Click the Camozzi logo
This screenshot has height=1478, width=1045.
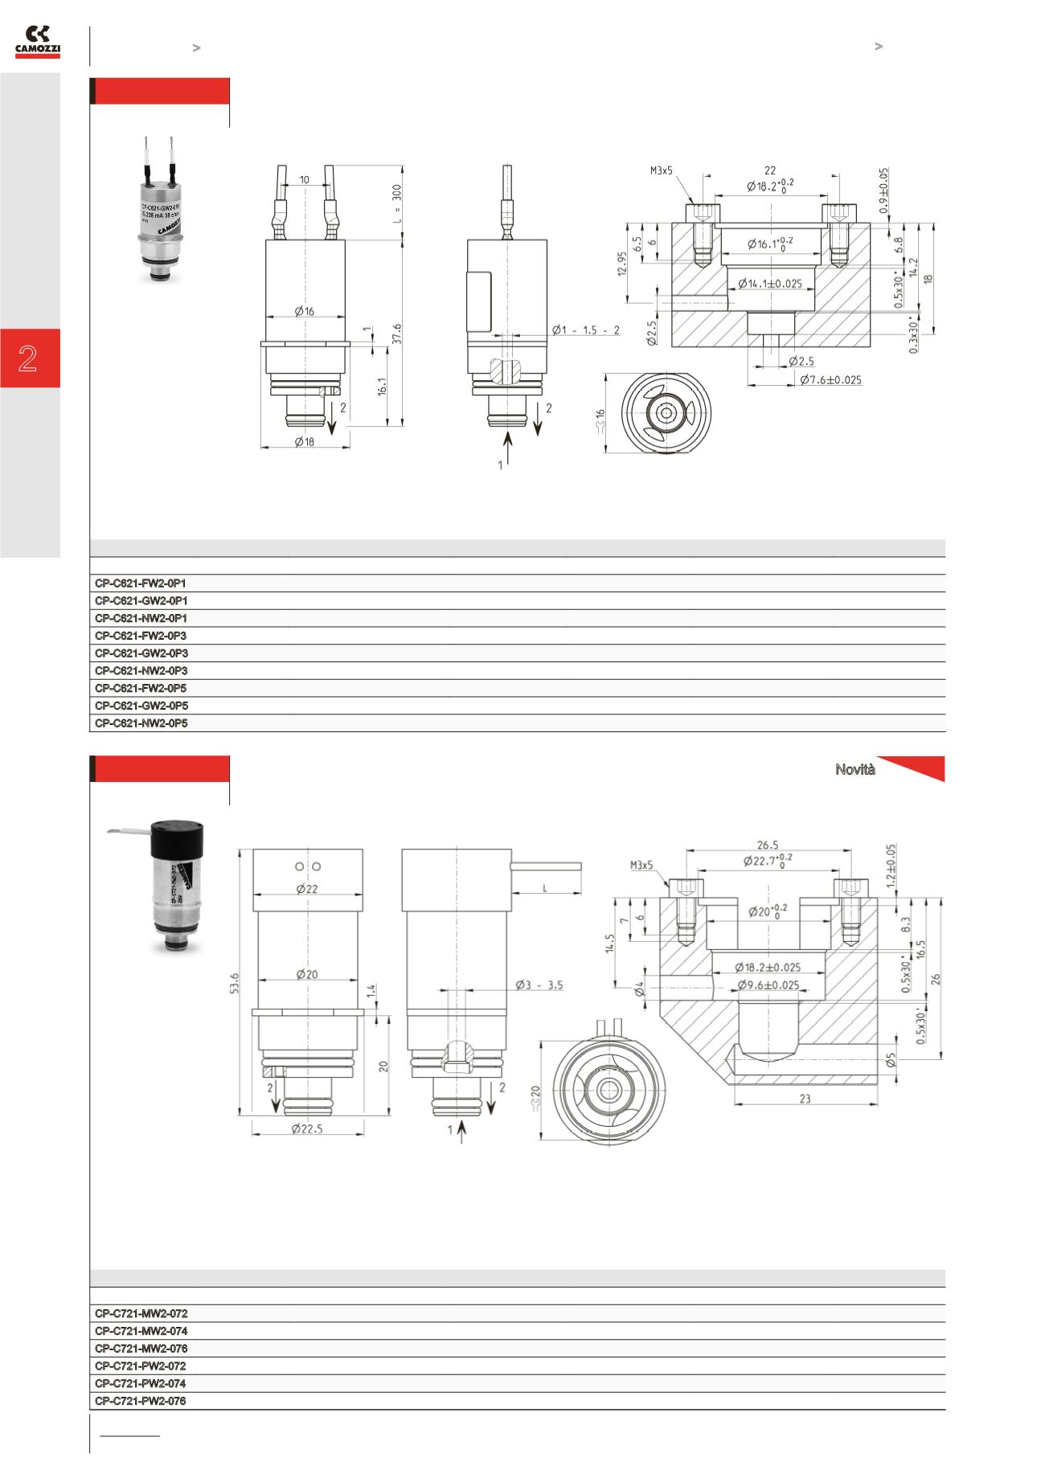pyautogui.click(x=38, y=43)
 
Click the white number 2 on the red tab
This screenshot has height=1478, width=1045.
pyautogui.click(x=29, y=358)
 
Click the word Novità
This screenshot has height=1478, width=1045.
pyautogui.click(x=855, y=770)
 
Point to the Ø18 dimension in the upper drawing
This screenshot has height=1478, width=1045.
pyautogui.click(x=305, y=441)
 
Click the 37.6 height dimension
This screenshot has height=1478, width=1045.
pyautogui.click(x=396, y=334)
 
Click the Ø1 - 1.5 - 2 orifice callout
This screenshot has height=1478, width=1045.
pyautogui.click(x=586, y=330)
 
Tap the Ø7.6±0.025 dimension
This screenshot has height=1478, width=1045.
pyautogui.click(x=831, y=379)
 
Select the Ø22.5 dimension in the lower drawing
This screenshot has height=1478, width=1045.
pyautogui.click(x=309, y=1128)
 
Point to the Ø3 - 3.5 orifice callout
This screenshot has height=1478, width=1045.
pyautogui.click(x=539, y=984)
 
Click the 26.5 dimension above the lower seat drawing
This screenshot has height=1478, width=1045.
pyautogui.click(x=768, y=844)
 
